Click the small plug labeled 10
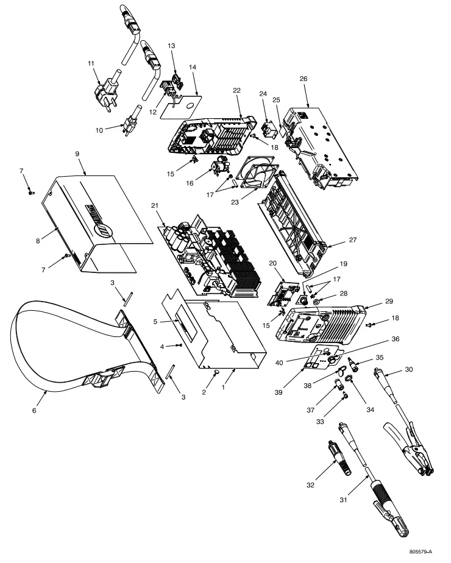[130, 129]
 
